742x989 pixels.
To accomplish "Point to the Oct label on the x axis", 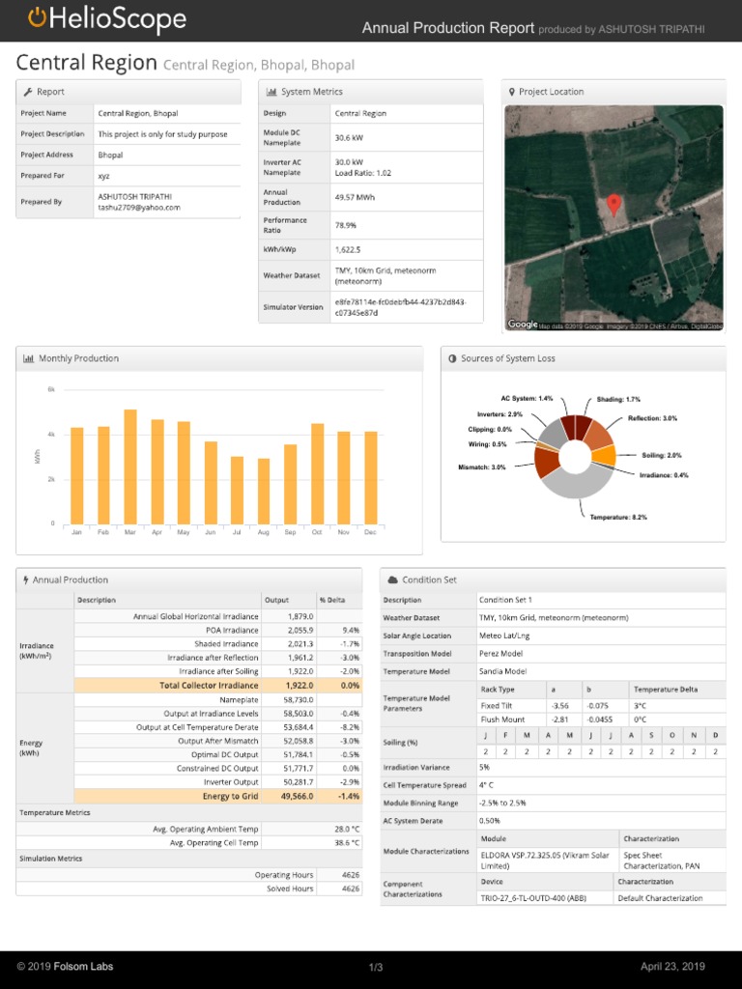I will point(317,532).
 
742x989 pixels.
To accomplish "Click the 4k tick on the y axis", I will point(51,434).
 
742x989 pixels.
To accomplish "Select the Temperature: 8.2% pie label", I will point(618,518).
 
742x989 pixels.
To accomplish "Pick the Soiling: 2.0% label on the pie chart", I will point(661,455).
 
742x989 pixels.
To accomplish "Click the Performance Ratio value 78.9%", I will point(345,225).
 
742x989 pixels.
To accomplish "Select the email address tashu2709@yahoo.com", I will point(139,207).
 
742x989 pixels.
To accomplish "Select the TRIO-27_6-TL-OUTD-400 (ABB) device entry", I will point(533,898).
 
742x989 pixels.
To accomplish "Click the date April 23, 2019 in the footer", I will point(672,967).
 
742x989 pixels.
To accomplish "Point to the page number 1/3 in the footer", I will point(376,968).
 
